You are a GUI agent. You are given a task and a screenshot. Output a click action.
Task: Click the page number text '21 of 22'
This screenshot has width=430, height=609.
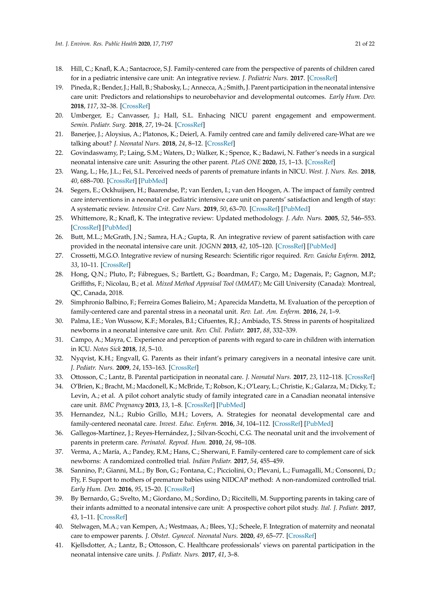[365, 44]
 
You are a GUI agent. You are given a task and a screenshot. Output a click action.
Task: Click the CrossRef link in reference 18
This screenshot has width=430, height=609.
[322, 78]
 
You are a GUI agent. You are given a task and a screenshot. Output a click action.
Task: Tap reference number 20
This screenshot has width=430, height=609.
[59, 115]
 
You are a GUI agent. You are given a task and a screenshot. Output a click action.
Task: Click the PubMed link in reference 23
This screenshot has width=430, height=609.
[153, 181]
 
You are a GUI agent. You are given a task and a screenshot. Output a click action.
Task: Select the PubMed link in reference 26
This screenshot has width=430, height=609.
[321, 246]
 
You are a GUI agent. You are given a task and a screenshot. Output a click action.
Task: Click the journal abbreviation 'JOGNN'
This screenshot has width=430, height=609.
[210, 246]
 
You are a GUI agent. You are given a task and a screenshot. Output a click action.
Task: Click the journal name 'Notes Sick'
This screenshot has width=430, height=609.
[107, 349]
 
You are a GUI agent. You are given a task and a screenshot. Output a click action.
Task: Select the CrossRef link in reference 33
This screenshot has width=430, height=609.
[360, 377]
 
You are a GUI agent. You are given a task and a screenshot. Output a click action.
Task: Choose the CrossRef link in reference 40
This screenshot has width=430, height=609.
[301, 536]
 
